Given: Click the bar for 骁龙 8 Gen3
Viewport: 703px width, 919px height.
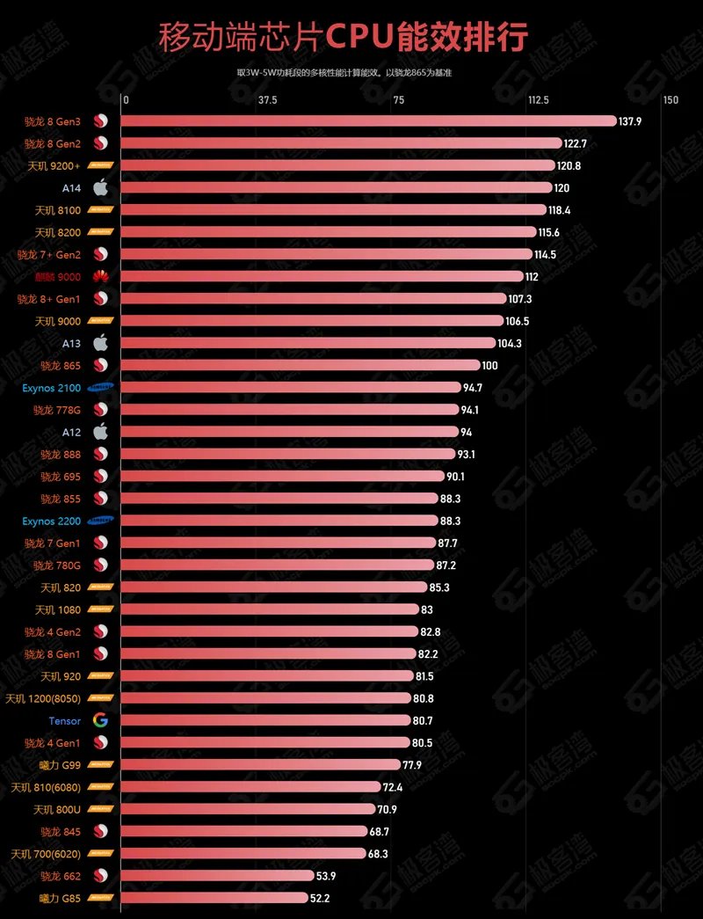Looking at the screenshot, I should click(x=369, y=120).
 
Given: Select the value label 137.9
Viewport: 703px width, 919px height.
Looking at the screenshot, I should click(x=630, y=120).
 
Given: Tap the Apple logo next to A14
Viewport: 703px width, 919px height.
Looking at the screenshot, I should click(x=100, y=187).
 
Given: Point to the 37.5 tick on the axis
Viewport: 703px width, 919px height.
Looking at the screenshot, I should click(x=268, y=100).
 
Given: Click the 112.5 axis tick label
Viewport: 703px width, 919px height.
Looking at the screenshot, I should click(x=538, y=100).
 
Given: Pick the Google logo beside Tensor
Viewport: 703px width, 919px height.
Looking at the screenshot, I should click(x=100, y=720).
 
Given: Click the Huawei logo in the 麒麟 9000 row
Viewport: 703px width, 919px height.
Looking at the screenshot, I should click(x=100, y=276).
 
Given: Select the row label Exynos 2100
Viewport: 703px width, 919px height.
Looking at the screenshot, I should click(x=51, y=387).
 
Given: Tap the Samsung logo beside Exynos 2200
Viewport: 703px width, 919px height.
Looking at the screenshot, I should click(x=100, y=521).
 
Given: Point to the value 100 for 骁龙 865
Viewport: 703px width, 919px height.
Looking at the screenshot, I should click(x=490, y=365).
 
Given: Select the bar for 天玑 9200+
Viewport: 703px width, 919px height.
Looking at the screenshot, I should click(x=338, y=165).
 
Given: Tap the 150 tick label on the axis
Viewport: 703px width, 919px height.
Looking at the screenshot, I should click(x=670, y=100).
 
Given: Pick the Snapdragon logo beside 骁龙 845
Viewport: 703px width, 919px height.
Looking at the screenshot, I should click(x=100, y=831).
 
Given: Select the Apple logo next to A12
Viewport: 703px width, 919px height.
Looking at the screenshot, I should click(x=100, y=432).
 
